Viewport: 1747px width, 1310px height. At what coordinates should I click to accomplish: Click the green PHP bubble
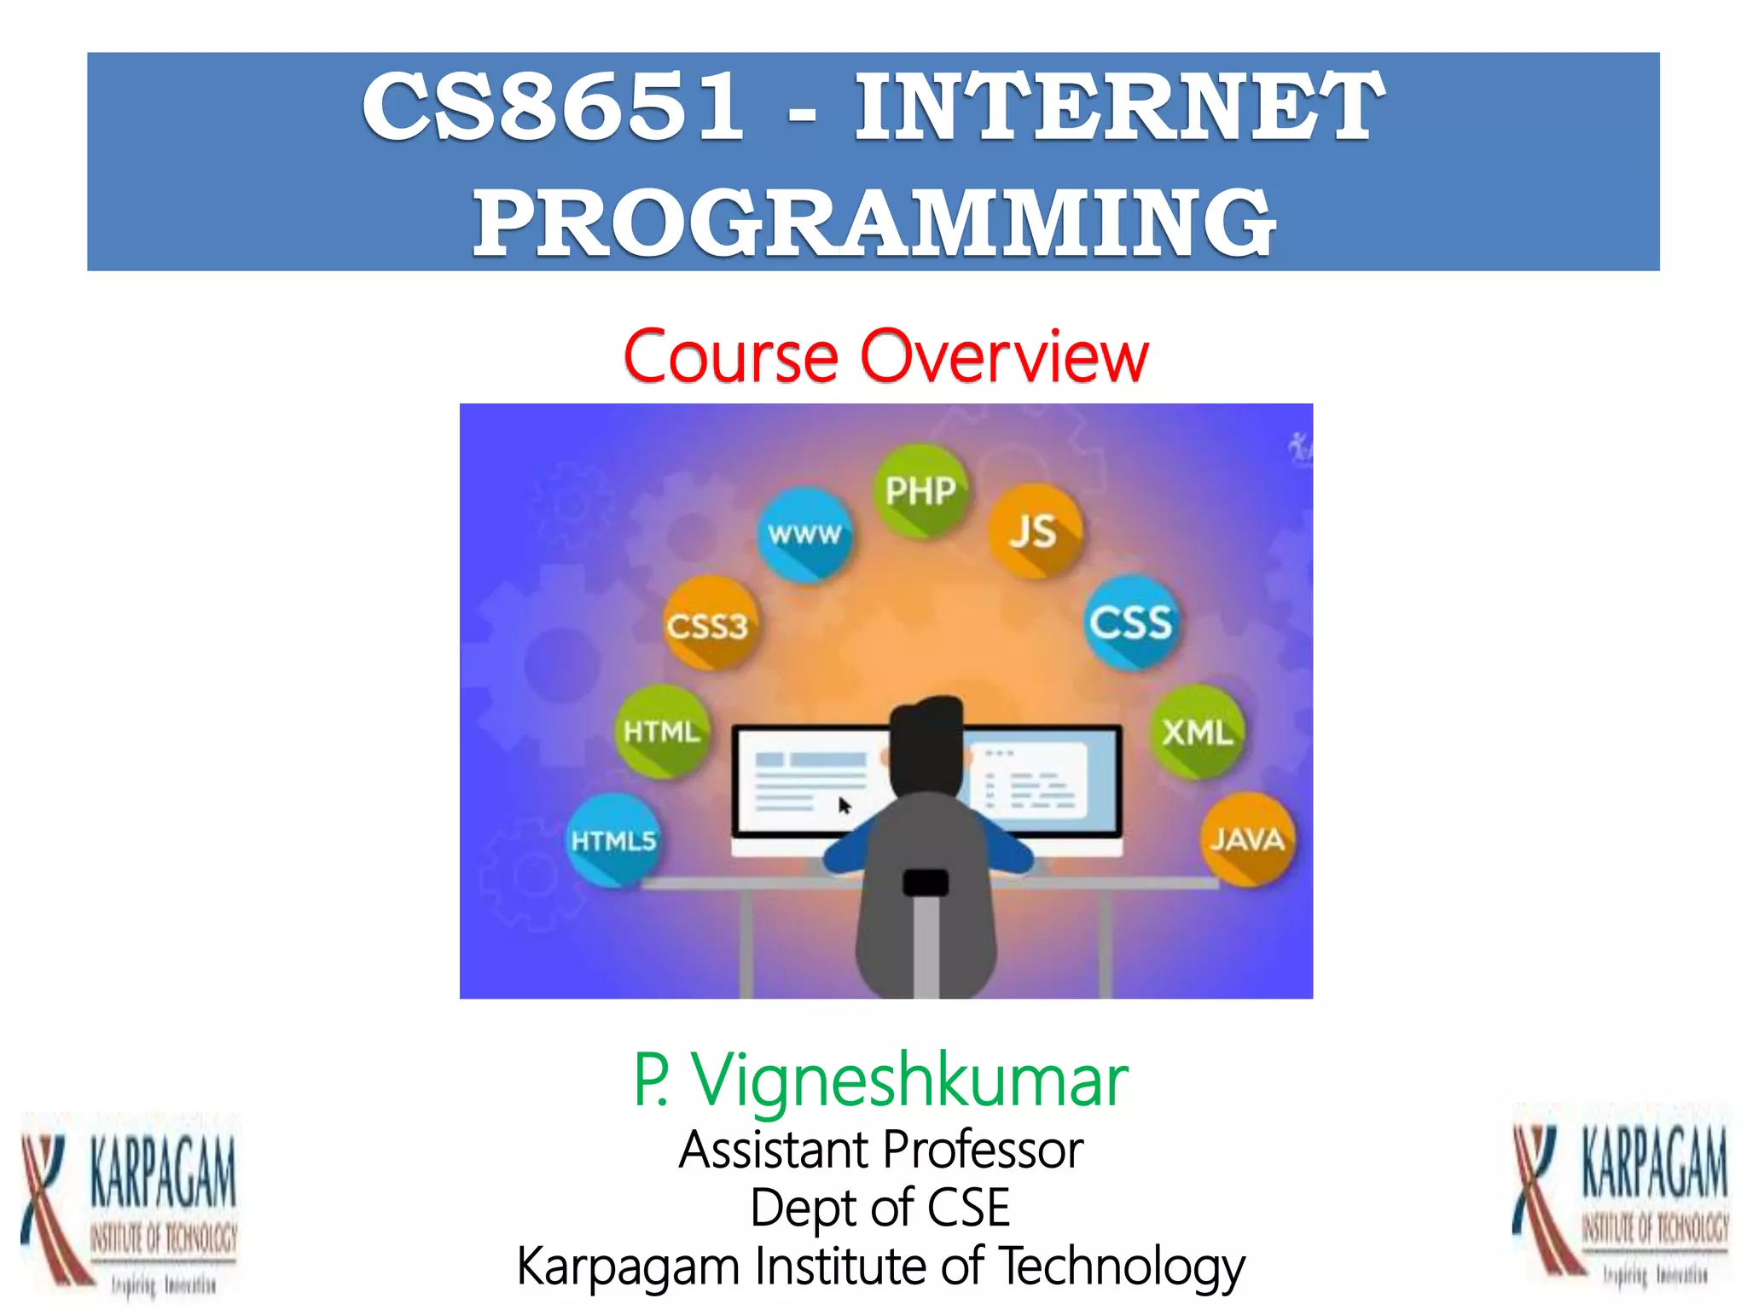pos(920,490)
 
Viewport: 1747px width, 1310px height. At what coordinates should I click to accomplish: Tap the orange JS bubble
pos(1035,530)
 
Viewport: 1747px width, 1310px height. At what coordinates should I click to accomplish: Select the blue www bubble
pos(804,535)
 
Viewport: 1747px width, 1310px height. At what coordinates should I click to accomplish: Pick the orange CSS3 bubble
pos(709,625)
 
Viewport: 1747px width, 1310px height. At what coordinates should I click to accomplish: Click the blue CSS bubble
pos(1131,622)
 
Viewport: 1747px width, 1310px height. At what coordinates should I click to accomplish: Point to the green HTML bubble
pos(662,732)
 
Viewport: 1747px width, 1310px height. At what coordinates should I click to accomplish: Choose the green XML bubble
pos(1198,732)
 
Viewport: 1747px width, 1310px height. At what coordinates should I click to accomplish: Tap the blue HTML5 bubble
pos(614,840)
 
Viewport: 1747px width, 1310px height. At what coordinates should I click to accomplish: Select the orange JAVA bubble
pos(1247,839)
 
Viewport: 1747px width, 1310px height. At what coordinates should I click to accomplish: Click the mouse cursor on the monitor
pos(844,805)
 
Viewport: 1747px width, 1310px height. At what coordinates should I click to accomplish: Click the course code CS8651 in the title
pos(553,107)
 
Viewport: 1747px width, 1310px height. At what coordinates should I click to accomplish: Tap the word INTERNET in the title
pos(1119,107)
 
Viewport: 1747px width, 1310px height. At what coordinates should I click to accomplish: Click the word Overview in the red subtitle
pos(1004,356)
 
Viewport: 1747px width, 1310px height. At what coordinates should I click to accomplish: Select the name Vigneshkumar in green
pos(909,1081)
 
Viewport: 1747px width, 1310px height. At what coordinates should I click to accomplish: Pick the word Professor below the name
pos(984,1150)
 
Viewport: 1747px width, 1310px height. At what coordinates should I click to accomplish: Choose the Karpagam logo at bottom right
pos(1621,1198)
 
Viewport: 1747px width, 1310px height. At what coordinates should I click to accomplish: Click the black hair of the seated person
pos(927,742)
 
